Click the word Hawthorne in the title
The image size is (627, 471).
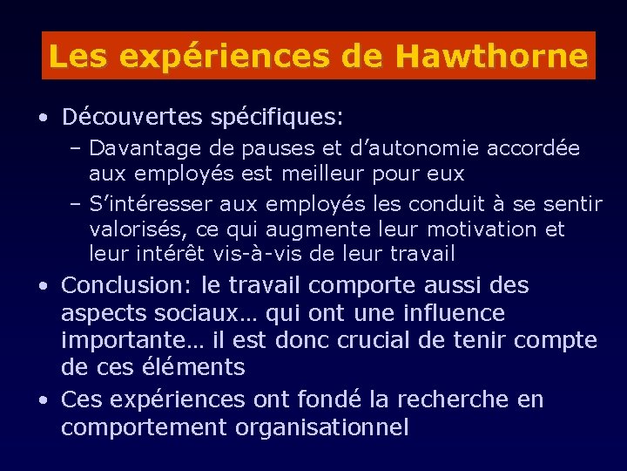491,57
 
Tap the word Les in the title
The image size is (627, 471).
80,57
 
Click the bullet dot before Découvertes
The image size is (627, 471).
42,117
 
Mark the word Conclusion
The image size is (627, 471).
127,285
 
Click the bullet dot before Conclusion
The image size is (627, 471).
42,286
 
